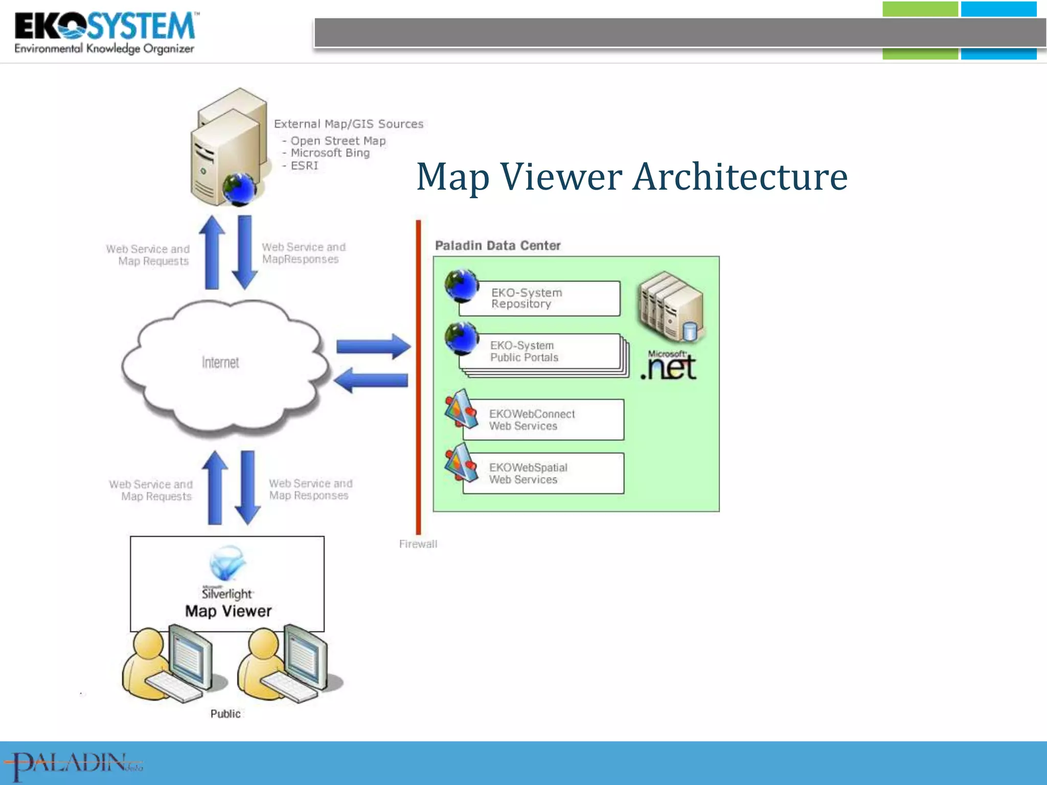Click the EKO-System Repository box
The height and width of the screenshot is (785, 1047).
coord(539,298)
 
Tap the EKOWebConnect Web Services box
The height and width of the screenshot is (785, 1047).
coord(543,420)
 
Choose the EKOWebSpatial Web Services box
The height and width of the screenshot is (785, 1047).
coord(543,473)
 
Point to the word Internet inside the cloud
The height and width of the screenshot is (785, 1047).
coord(220,363)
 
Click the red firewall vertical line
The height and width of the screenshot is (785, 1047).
coord(418,378)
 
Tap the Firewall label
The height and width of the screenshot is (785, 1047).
coord(418,544)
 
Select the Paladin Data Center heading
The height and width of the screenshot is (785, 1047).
coord(497,246)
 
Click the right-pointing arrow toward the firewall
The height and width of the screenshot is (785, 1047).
coord(373,347)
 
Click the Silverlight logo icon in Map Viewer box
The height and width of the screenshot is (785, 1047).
coord(227,562)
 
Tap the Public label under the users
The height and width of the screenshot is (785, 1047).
coord(225,714)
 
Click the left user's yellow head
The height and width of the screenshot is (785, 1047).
coord(148,643)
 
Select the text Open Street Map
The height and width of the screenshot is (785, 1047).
coord(338,141)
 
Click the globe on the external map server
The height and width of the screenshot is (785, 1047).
coord(239,189)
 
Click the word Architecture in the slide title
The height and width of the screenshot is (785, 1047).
coord(740,177)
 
